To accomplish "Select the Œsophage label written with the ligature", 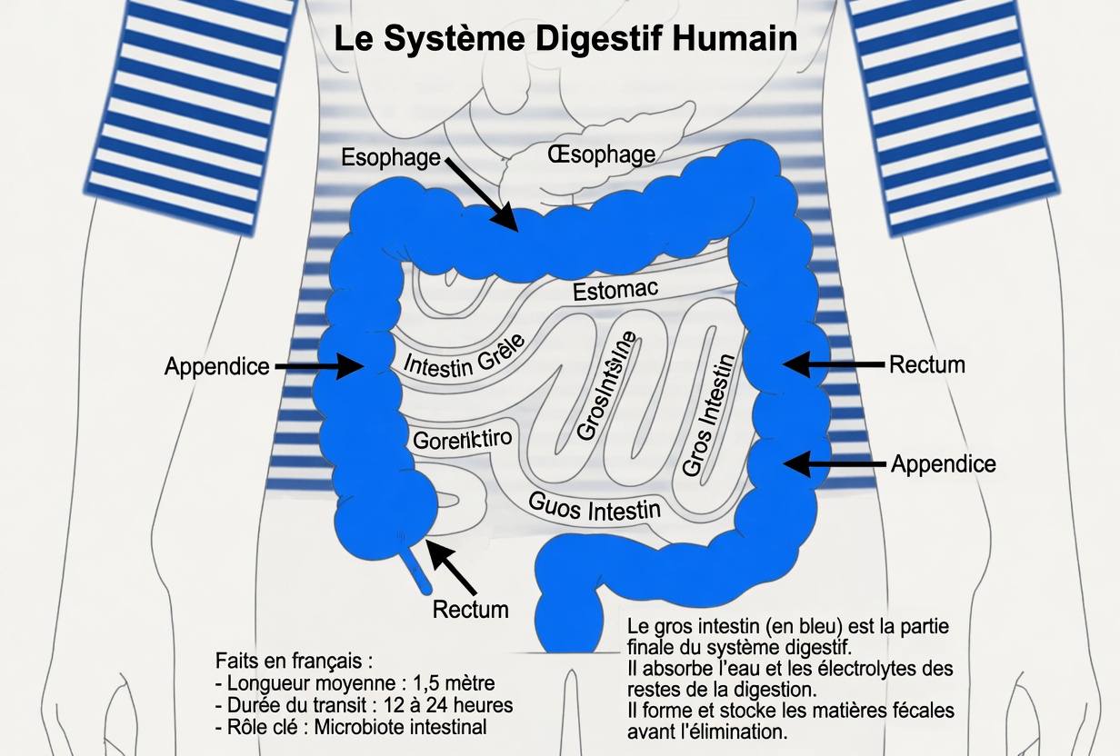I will click(x=601, y=154).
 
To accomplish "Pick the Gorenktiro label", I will click(x=463, y=440).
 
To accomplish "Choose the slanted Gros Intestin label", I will click(x=707, y=414).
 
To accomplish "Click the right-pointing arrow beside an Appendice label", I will click(x=318, y=366).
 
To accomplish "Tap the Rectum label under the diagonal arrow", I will click(x=470, y=609).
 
